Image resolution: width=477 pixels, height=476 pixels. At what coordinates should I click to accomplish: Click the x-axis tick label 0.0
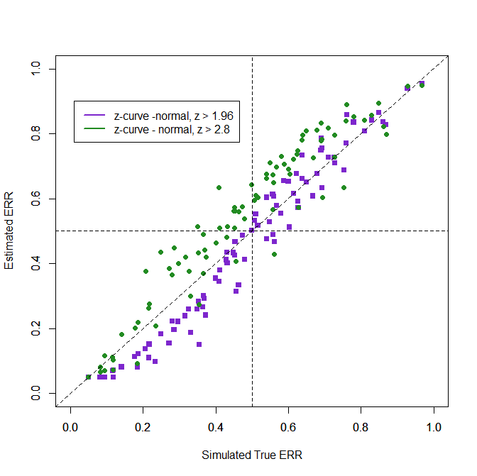(x=70, y=428)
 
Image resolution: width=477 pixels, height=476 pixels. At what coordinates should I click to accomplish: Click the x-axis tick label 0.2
(x=143, y=428)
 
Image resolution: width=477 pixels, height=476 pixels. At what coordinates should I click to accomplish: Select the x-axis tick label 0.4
(x=216, y=428)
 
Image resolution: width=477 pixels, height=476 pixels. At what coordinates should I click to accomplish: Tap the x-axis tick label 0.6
(x=288, y=428)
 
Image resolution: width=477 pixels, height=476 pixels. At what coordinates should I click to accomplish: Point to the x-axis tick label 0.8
(x=361, y=428)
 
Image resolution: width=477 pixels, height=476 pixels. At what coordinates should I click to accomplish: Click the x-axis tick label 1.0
(x=434, y=428)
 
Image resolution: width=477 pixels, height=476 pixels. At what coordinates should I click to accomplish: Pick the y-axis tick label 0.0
(x=36, y=393)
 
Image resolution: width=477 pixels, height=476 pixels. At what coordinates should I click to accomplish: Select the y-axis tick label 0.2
(x=36, y=328)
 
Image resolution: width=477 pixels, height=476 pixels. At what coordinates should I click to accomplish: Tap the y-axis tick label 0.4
(x=36, y=263)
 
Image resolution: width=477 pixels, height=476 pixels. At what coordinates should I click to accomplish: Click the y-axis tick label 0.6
(x=36, y=199)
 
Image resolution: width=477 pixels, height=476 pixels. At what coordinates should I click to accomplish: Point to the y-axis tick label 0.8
(x=36, y=133)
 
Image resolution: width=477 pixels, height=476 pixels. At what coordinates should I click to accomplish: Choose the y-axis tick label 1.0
(x=36, y=69)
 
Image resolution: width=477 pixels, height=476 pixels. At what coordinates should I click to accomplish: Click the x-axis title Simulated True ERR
(x=252, y=455)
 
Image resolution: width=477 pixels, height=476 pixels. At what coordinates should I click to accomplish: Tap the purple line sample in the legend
(x=94, y=116)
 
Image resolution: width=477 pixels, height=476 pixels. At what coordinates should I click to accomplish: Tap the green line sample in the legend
(x=94, y=129)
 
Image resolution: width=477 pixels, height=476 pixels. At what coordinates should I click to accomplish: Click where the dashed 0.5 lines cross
(x=252, y=231)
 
